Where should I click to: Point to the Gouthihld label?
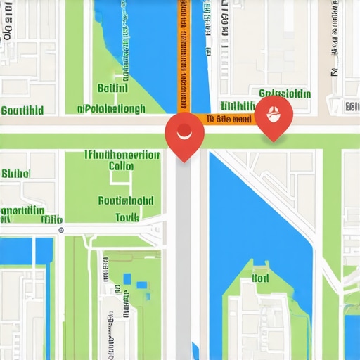pos(22,110)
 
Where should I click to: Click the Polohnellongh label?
pos(112,109)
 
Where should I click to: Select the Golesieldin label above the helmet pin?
pos(284,94)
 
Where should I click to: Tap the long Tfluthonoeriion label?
pos(121,154)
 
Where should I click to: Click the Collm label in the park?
pos(121,167)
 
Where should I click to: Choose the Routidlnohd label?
pos(125,200)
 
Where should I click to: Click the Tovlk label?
pos(127,218)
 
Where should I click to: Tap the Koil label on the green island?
pos(260,278)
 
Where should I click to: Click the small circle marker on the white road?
pos(61,229)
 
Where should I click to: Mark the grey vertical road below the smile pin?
pos(184,267)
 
